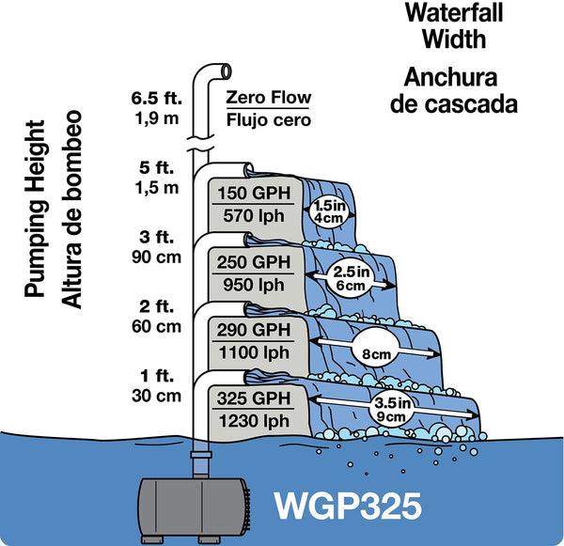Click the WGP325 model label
[350, 504]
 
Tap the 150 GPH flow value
[252, 195]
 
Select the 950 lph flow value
[252, 283]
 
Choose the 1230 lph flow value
[252, 422]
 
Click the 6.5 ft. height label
[155, 97]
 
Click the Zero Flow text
[269, 99]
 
